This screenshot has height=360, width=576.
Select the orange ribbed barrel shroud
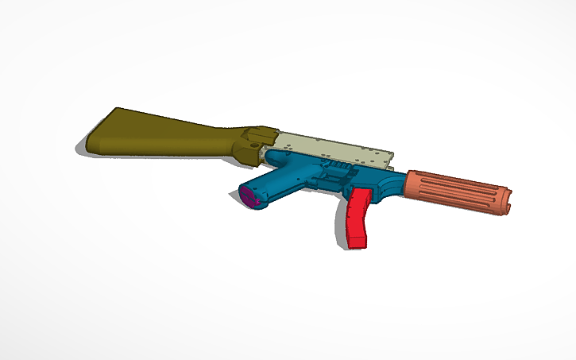pyautogui.click(x=457, y=192)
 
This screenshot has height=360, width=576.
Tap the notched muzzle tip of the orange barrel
pyautogui.click(x=507, y=201)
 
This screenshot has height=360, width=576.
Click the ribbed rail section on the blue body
pyautogui.click(x=338, y=168)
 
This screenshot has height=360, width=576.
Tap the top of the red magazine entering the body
pyautogui.click(x=359, y=192)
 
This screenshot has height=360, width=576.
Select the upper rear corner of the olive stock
pyautogui.click(x=118, y=110)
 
